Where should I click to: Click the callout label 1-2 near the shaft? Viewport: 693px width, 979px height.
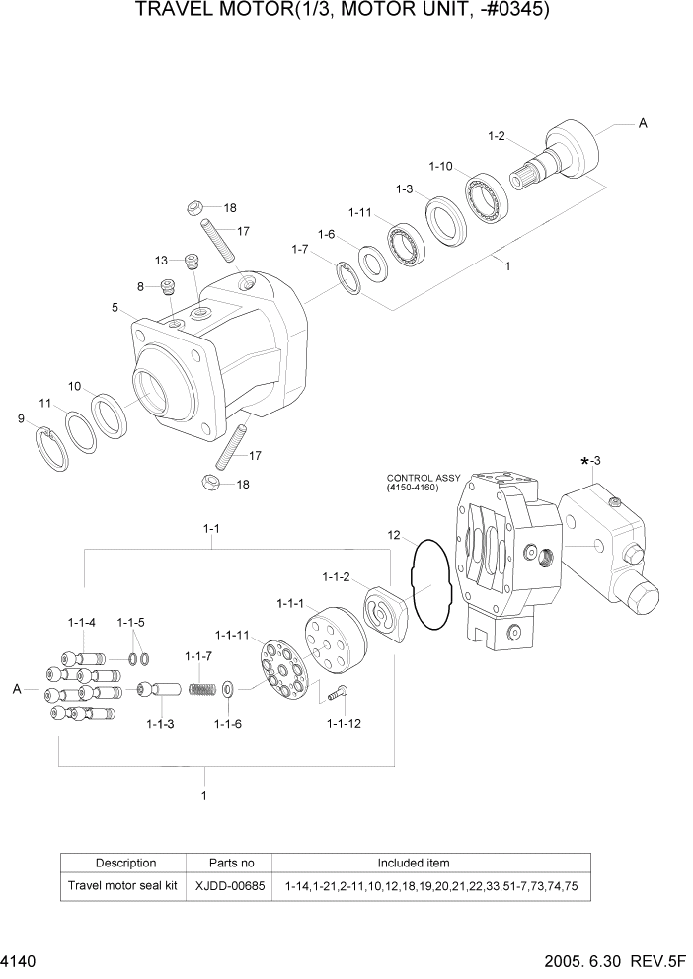(x=496, y=135)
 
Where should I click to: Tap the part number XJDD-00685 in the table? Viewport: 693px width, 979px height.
(x=232, y=886)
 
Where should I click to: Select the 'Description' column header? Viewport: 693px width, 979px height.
(x=125, y=863)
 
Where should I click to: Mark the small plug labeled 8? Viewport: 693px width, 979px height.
(x=167, y=287)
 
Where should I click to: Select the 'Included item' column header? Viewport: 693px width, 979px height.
(x=414, y=863)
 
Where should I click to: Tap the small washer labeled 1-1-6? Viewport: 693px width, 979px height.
(x=228, y=688)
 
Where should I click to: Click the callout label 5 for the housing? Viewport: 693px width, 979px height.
(x=115, y=308)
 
